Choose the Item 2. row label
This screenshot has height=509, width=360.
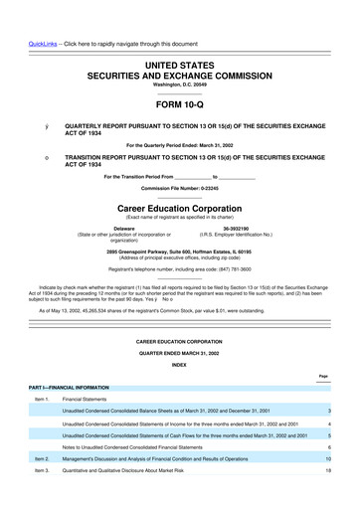(41, 458)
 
